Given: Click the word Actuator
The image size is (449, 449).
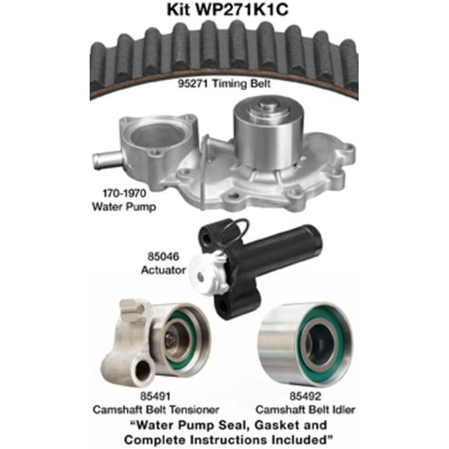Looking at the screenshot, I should (x=163, y=270).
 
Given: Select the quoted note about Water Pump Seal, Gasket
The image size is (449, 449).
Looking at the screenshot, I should (x=224, y=433).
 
